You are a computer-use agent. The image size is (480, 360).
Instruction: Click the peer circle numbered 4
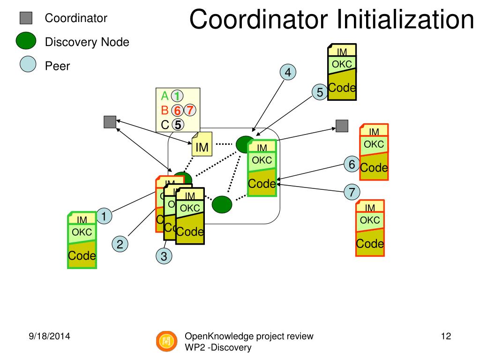(x=288, y=73)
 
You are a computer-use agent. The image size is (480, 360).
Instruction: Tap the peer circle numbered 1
(x=104, y=216)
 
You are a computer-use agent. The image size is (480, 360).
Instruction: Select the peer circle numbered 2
(x=120, y=244)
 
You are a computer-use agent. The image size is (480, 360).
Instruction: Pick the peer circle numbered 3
(x=164, y=256)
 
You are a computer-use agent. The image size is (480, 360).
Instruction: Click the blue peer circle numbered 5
(x=320, y=92)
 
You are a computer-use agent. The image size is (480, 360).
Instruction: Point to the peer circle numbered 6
(x=351, y=164)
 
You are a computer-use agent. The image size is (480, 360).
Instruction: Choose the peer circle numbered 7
(x=352, y=192)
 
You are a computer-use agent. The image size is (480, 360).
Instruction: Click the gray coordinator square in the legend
(x=26, y=18)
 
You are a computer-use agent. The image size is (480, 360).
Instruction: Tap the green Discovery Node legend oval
(x=26, y=42)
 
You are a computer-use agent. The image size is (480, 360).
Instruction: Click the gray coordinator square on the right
(x=342, y=126)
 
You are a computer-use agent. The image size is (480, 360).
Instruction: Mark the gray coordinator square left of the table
(x=110, y=121)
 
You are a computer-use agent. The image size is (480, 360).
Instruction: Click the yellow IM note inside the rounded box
(x=202, y=146)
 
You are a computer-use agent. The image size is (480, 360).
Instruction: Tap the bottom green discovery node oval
(x=222, y=204)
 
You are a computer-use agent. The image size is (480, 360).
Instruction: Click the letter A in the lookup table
(x=165, y=96)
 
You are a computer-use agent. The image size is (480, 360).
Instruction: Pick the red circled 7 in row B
(x=189, y=111)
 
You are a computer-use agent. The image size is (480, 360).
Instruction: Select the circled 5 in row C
(x=178, y=125)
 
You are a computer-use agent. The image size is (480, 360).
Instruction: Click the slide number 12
(x=446, y=336)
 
